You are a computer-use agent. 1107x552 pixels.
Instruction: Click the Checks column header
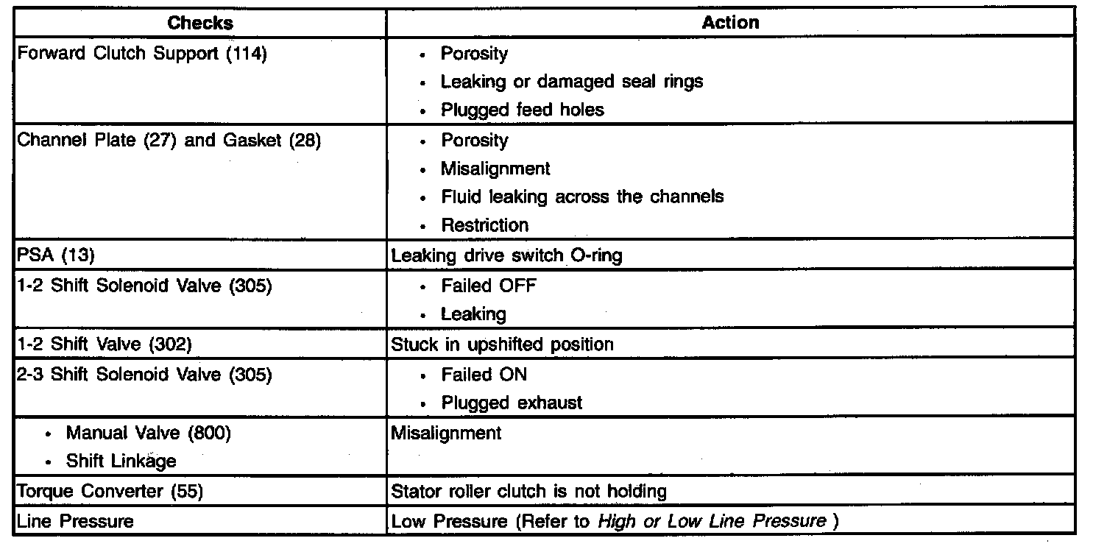[x=200, y=23]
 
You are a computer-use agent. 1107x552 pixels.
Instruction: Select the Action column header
[x=729, y=23]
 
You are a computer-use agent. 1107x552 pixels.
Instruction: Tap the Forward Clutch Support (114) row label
[x=141, y=54]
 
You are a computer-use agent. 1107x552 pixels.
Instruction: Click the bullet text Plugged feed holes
[x=522, y=110]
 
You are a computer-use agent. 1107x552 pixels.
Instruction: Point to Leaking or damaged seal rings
[x=571, y=82]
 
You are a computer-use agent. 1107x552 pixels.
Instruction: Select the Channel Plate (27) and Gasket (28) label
[x=169, y=141]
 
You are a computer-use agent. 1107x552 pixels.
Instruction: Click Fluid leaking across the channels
[x=581, y=197]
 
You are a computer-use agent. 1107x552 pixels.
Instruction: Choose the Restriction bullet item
[x=484, y=225]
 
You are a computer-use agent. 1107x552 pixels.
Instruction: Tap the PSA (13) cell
[x=56, y=255]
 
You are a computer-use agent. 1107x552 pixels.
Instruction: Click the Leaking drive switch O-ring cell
[x=506, y=255]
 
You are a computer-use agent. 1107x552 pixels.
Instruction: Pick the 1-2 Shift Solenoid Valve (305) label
[x=144, y=286]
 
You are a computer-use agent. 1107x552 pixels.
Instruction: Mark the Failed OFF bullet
[x=489, y=286]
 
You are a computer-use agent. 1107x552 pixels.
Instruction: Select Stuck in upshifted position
[x=502, y=344]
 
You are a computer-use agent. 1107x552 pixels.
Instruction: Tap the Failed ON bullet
[x=484, y=375]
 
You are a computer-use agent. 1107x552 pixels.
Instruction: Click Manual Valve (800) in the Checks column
[x=148, y=434]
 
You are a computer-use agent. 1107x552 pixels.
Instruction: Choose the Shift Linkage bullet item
[x=121, y=461]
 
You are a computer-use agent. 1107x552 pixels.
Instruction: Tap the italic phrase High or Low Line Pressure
[x=711, y=522]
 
